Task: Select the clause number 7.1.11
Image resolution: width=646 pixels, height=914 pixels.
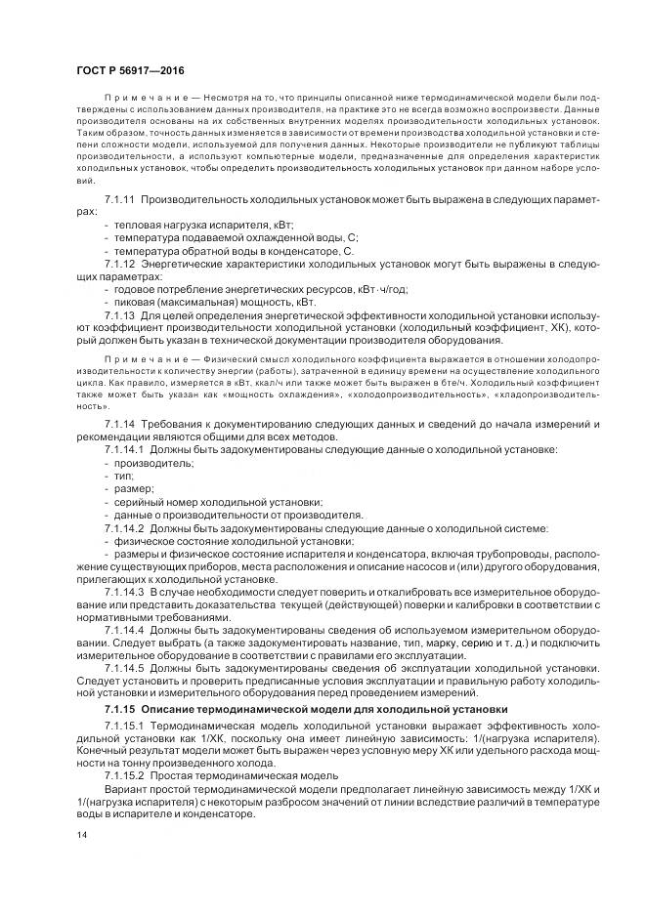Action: point(119,199)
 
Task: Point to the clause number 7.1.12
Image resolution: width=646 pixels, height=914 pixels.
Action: point(119,264)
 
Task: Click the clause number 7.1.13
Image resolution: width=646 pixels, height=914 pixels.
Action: point(119,315)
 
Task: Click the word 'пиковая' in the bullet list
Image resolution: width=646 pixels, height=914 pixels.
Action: point(135,303)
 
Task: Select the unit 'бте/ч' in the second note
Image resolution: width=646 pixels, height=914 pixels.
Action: point(458,386)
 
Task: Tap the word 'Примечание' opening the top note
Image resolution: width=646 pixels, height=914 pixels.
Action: point(136,99)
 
